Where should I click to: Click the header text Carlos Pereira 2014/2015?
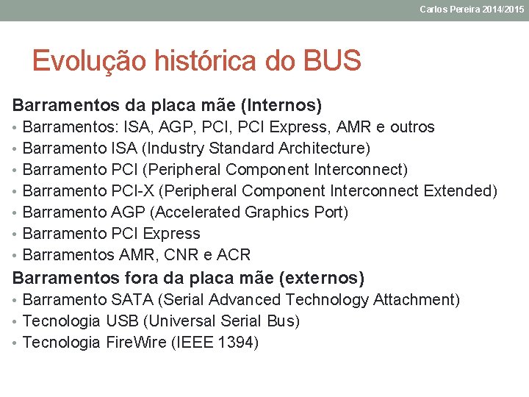(472, 9)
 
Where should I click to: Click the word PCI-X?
(133, 191)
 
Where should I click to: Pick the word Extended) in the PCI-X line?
(461, 191)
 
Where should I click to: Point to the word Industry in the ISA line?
(174, 149)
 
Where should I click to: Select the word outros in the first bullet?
(412, 127)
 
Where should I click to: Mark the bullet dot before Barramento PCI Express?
(16, 234)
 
